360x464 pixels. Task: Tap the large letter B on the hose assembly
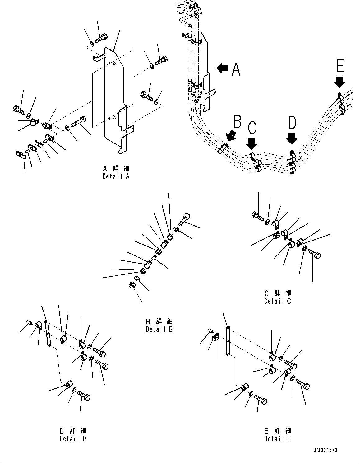pos(237,122)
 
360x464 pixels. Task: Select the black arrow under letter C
pos(252,143)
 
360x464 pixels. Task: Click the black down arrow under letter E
pos(339,82)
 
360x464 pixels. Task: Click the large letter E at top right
pos(340,67)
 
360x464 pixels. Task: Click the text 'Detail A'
pos(116,176)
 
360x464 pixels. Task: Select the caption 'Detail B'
pos(159,329)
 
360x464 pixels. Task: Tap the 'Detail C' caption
pos(278,301)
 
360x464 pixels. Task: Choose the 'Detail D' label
pos(73,438)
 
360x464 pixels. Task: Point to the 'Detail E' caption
pos(278,438)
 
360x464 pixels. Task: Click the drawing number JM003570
pos(325,450)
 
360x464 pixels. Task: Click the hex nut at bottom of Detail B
pos(131,285)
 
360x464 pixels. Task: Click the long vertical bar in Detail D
pos(48,333)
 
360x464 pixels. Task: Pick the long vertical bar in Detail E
pos(228,341)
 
